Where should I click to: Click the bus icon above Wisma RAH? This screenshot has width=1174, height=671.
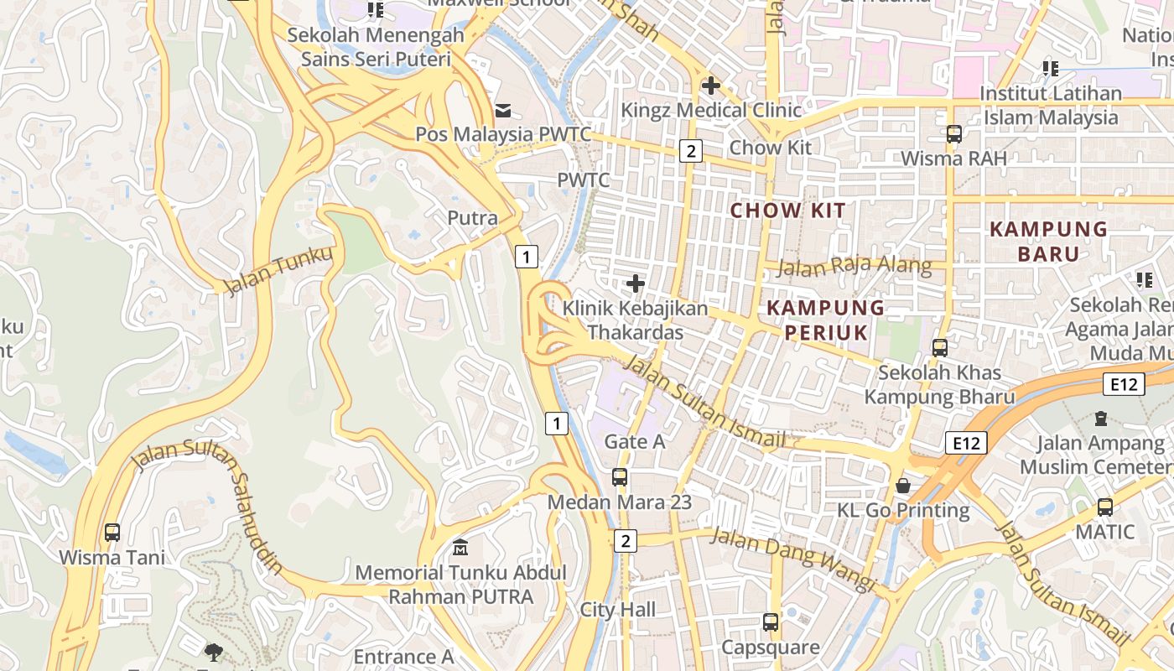click(953, 133)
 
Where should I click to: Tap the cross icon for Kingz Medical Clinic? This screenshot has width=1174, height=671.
click(711, 85)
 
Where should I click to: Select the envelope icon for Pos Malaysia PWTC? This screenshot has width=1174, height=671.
click(503, 110)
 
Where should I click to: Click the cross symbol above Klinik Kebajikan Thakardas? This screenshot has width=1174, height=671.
click(636, 283)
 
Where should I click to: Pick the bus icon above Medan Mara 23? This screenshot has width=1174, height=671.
click(620, 477)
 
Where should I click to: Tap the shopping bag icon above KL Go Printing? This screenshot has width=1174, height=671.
click(903, 485)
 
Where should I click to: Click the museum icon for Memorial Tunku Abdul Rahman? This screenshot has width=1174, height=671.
click(460, 548)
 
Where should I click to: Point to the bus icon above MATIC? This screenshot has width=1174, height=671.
click(1105, 507)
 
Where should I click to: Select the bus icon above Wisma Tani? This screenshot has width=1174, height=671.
click(112, 532)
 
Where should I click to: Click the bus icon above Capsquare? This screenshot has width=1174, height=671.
click(771, 622)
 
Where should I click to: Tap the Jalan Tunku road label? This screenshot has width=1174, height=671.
click(278, 269)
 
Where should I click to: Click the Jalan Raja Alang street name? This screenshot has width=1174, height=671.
click(854, 267)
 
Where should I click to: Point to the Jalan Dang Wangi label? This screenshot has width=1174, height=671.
click(793, 559)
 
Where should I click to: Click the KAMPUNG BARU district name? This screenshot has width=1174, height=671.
click(1048, 241)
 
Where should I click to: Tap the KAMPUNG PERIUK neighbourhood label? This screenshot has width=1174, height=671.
click(826, 320)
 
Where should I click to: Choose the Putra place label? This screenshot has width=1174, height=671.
click(472, 218)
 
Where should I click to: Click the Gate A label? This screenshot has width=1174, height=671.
click(634, 441)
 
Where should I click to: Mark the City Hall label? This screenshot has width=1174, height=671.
click(618, 610)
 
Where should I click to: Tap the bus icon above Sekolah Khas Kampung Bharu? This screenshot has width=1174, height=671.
click(940, 347)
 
